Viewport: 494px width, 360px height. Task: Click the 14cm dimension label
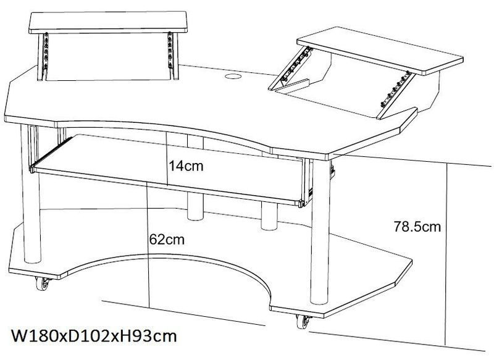click(x=186, y=165)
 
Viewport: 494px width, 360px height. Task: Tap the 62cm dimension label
click(x=167, y=240)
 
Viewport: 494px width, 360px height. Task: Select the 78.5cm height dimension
click(x=417, y=227)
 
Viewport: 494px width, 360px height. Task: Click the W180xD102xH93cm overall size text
click(x=94, y=336)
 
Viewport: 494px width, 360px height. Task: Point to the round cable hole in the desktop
click(x=233, y=76)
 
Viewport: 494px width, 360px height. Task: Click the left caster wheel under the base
click(x=43, y=283)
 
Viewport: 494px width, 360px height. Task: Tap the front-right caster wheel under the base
click(x=303, y=322)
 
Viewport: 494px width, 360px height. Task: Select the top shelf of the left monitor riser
click(x=107, y=22)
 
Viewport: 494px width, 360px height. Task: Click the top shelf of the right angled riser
click(x=380, y=51)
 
